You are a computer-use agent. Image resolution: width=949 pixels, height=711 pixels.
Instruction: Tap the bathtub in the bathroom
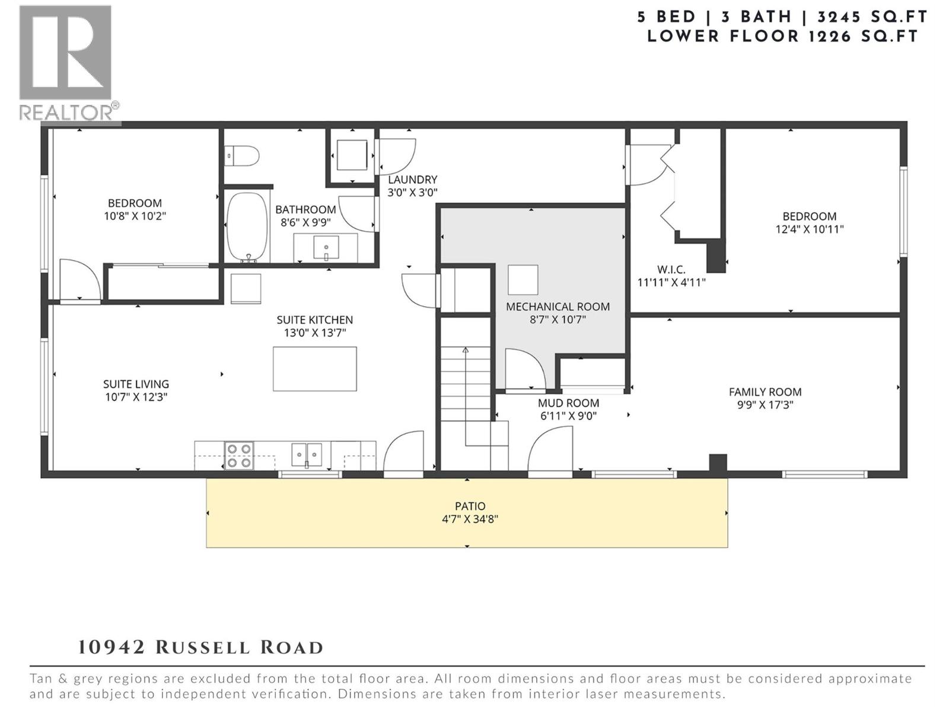pyautogui.click(x=247, y=227)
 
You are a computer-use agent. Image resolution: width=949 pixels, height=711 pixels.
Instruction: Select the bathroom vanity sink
pyautogui.click(x=326, y=247)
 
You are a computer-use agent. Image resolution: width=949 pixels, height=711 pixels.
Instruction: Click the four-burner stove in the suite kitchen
pyautogui.click(x=239, y=456)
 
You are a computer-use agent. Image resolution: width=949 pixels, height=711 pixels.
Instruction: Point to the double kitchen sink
pyautogui.click(x=307, y=455)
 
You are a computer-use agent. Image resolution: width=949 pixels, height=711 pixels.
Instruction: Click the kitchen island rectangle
pyautogui.click(x=314, y=369)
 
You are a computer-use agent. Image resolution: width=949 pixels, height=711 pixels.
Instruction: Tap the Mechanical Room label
pyautogui.click(x=558, y=306)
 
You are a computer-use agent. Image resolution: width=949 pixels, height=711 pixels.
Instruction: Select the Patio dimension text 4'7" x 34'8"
pyautogui.click(x=470, y=520)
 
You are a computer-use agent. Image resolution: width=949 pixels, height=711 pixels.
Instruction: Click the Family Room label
pyautogui.click(x=765, y=392)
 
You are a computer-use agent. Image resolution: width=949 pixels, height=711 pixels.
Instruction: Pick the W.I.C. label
pyautogui.click(x=671, y=270)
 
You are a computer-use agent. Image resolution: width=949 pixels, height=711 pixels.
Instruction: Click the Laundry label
pyautogui.click(x=412, y=180)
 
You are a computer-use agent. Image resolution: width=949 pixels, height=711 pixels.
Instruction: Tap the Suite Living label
pyautogui.click(x=136, y=384)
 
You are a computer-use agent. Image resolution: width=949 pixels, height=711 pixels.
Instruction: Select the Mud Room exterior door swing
pyautogui.click(x=551, y=453)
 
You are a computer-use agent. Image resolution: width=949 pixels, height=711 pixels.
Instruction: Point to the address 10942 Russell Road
pyautogui.click(x=200, y=647)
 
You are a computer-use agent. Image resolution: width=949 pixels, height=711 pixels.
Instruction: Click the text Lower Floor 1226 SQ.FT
pyautogui.click(x=782, y=36)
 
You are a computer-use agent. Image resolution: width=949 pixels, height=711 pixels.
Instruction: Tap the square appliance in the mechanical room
pyautogui.click(x=523, y=280)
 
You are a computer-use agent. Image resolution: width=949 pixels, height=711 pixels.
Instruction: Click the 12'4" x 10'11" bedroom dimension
pyautogui.click(x=809, y=229)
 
